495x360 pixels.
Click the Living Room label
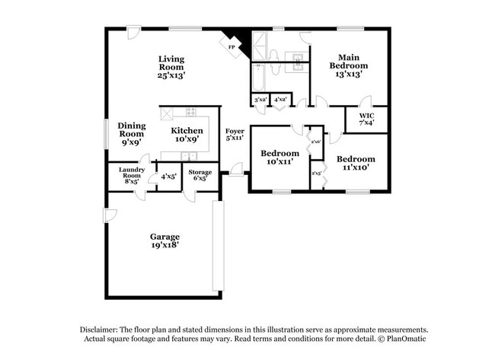[171, 67]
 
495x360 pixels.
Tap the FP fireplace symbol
[232, 46]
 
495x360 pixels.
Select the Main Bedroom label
[349, 65]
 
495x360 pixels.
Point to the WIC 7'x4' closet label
[366, 119]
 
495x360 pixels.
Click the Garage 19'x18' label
[164, 241]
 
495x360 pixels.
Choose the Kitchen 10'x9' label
[187, 135]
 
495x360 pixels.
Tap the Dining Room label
[131, 134]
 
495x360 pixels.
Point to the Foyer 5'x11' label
[235, 135]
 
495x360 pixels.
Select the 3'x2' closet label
[260, 100]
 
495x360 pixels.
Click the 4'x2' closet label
[280, 100]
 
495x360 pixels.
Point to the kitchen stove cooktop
[190, 112]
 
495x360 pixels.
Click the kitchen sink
[186, 155]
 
